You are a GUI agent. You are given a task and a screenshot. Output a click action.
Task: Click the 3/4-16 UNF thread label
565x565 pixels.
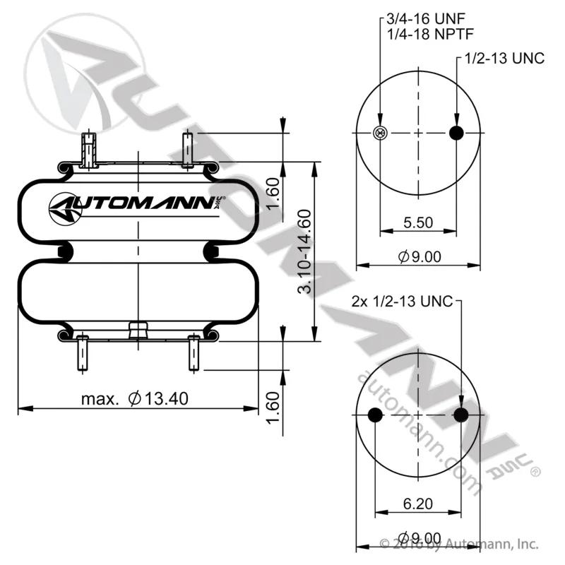426,18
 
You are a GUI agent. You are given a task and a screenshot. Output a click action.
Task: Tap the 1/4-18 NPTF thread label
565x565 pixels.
430,34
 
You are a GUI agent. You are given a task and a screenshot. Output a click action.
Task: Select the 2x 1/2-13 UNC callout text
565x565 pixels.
402,302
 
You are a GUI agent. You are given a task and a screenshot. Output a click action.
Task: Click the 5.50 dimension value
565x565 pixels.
418,222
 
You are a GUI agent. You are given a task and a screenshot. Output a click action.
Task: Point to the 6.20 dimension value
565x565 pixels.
418,504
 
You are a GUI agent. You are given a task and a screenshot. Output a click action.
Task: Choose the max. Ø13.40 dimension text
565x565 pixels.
135,398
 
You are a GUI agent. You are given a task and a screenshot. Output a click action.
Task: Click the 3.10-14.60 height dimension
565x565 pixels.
304,251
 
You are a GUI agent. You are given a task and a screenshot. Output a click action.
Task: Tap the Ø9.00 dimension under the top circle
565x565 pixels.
420,256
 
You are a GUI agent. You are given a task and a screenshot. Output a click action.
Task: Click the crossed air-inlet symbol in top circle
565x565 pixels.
380,133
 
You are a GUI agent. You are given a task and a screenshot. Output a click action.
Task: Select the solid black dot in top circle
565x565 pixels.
456,133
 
